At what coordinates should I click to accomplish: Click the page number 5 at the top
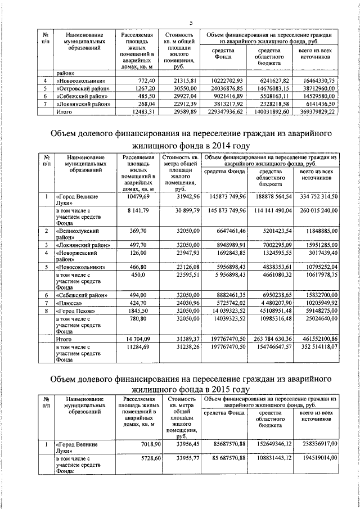click(191, 22)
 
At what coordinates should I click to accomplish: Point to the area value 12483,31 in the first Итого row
click(141, 112)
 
